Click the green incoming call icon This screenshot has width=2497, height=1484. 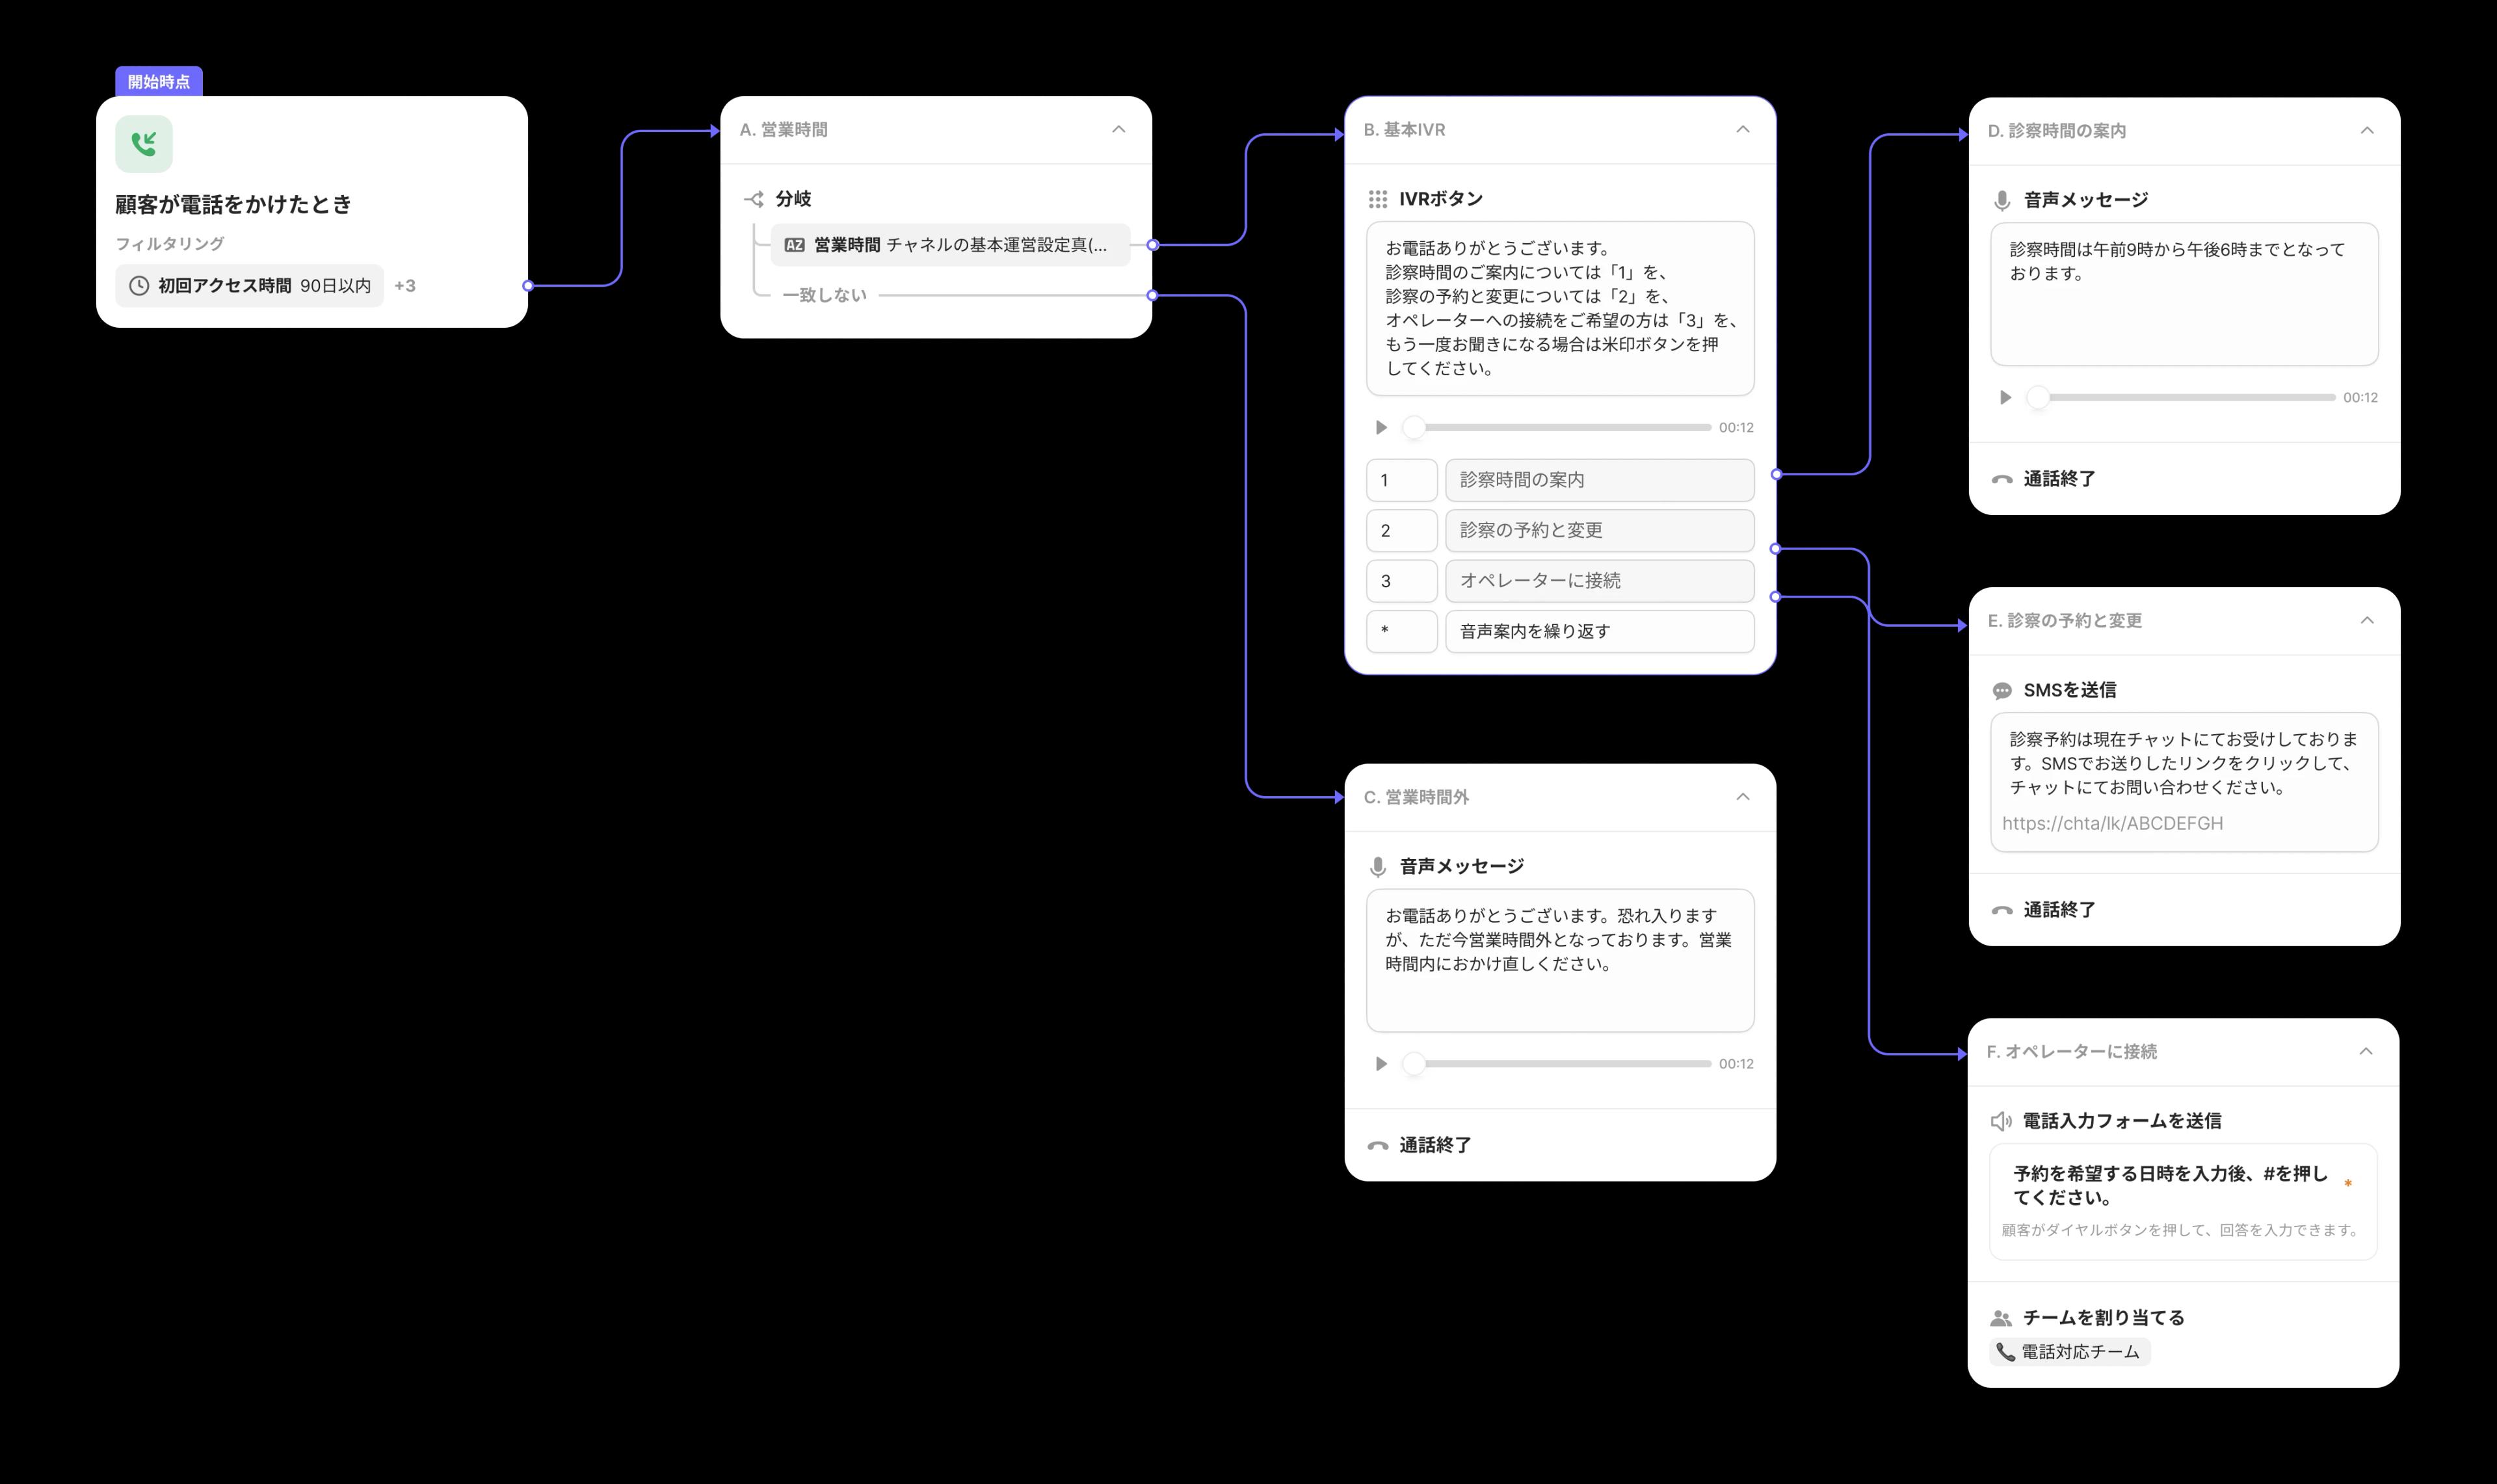click(144, 144)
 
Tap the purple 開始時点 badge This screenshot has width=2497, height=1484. click(159, 82)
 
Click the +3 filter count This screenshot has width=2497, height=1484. click(405, 286)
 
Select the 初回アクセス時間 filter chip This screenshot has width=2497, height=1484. click(250, 286)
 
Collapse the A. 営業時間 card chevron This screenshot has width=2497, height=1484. click(1118, 129)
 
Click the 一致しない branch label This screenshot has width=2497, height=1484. click(825, 295)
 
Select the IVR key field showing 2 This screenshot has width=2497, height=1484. click(1401, 530)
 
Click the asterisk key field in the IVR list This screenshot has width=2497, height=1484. click(1401, 631)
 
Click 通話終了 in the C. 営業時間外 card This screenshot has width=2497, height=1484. click(1434, 1145)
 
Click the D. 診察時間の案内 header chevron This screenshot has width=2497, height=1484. click(2367, 130)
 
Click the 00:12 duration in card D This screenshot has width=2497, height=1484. click(2360, 398)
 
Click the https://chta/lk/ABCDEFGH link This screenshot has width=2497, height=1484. click(2112, 823)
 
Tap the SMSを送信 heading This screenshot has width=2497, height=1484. click(2069, 690)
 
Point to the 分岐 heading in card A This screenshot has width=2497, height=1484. click(793, 199)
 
